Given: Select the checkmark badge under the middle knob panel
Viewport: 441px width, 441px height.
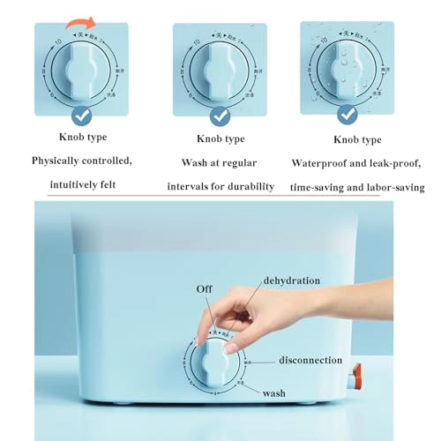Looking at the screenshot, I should pos(219,115).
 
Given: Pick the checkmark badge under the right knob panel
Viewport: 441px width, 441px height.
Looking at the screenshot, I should pos(347,115).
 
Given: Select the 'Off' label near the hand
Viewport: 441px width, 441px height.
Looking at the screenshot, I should pos(204,288).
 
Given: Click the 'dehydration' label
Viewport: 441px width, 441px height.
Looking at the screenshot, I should pos(291,280).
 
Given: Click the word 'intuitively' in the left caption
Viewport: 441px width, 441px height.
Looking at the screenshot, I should pos(64,186).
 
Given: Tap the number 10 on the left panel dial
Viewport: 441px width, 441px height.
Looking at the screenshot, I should pos(58,41).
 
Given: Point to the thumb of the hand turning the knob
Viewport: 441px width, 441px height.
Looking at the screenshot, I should pos(231,347).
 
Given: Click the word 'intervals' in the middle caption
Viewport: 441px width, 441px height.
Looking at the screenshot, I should pos(191,186).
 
